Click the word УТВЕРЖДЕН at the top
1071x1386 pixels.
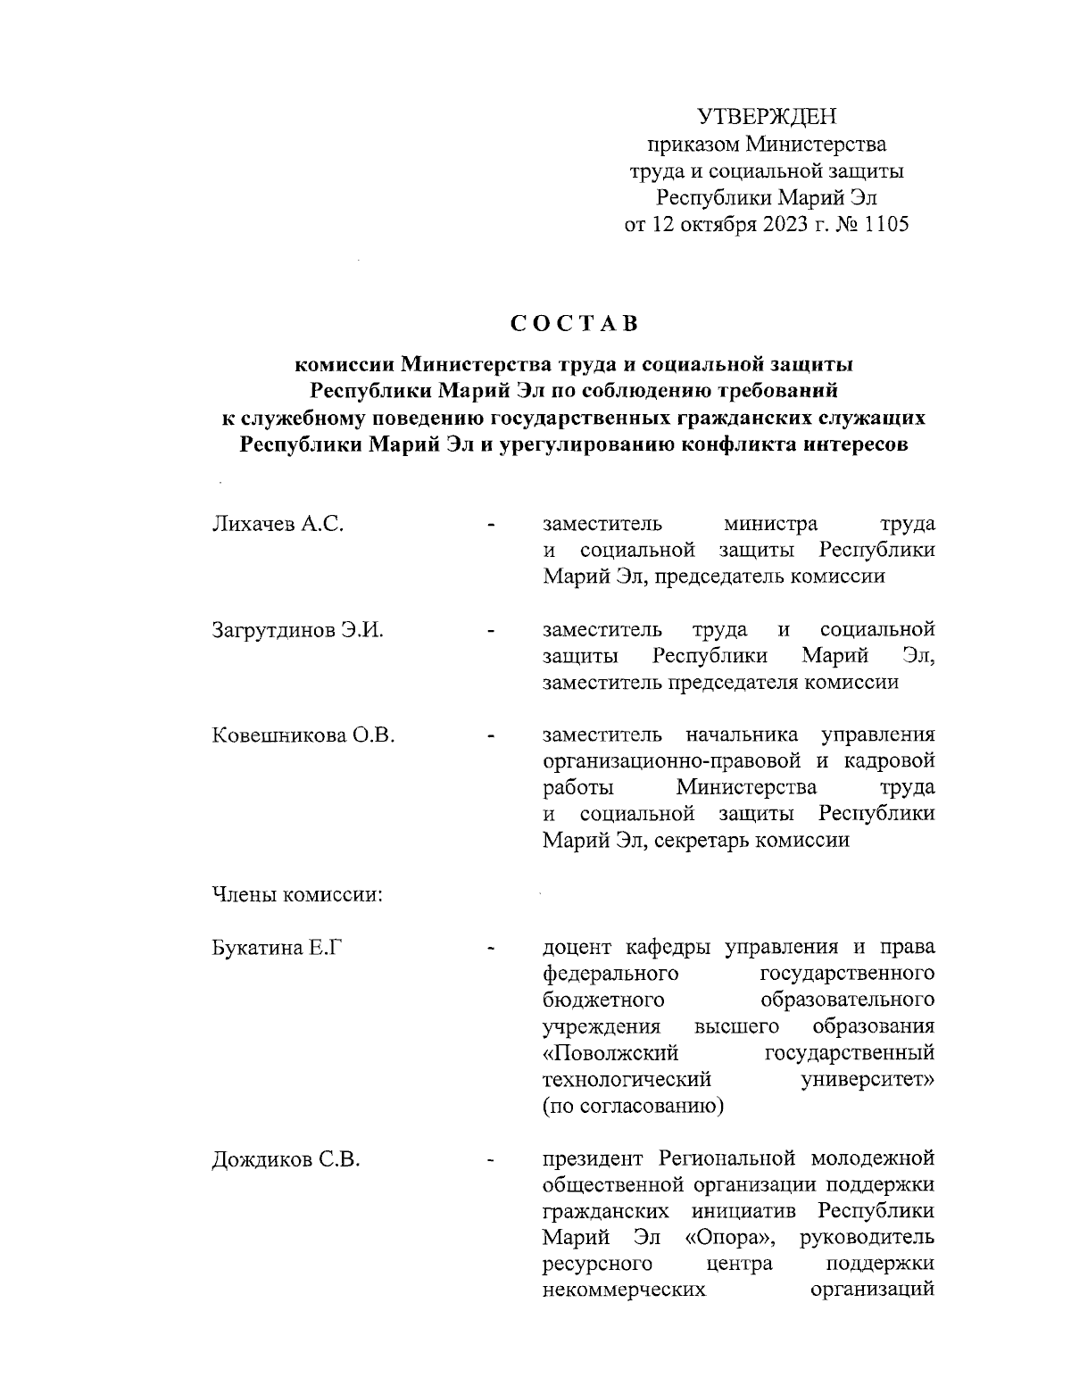tap(767, 117)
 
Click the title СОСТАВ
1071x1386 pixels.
tap(575, 323)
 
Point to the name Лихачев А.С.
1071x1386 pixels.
tap(278, 524)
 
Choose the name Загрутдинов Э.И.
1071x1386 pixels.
tap(297, 630)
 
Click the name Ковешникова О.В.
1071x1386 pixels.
tap(303, 736)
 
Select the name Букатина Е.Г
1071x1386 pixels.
tap(278, 948)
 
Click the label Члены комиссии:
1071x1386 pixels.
tap(297, 895)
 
